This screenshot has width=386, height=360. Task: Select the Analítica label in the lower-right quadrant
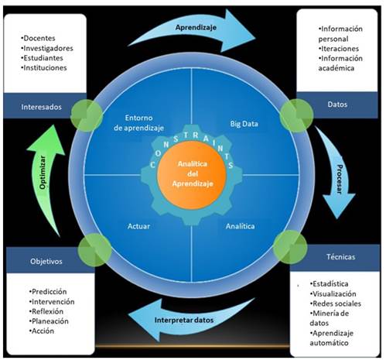pyautogui.click(x=241, y=227)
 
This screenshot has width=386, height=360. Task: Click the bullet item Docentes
pyautogui.click(x=43, y=37)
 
